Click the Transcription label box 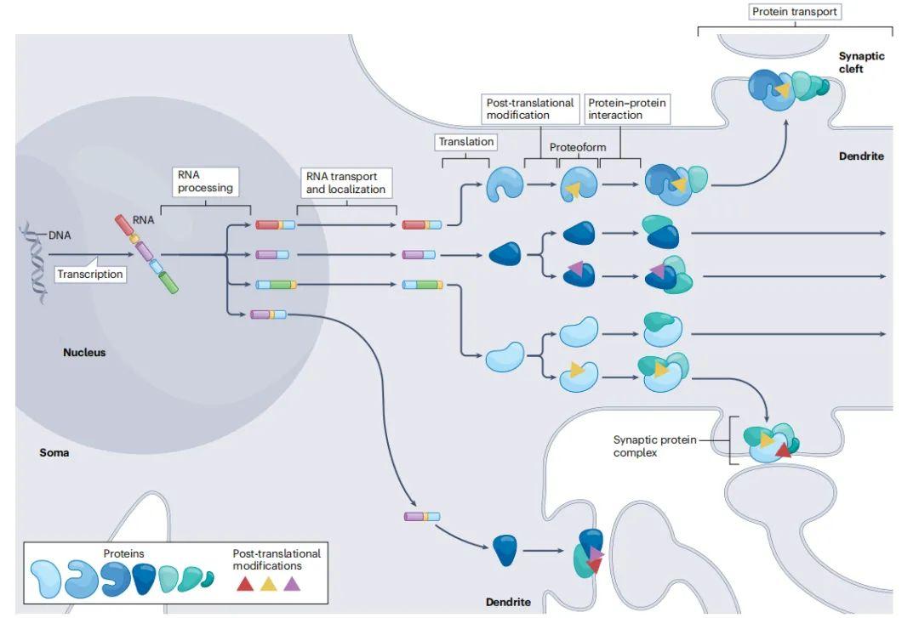(90, 274)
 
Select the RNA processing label (205, 182)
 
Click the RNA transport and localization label (345, 182)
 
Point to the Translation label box (465, 142)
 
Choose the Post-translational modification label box (530, 109)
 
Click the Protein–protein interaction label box (626, 109)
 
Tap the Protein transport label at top (795, 12)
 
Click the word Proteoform (578, 148)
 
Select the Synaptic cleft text (861, 62)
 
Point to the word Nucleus (84, 352)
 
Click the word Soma (54, 452)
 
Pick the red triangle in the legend (244, 584)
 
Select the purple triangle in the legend (292, 584)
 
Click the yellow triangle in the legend (268, 584)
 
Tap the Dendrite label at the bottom (508, 602)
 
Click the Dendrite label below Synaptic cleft (861, 156)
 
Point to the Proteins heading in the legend (124, 553)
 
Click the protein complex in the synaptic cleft (788, 89)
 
